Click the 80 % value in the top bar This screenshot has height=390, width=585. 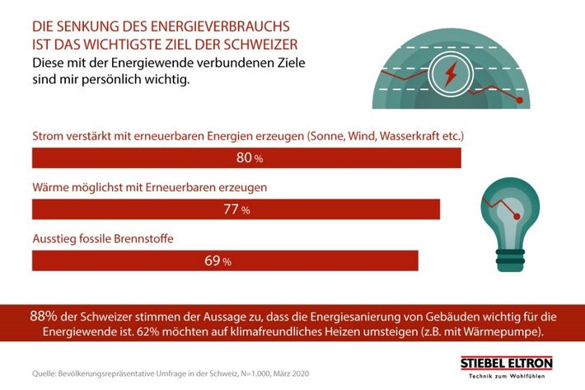(x=246, y=157)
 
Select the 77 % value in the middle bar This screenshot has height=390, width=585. (x=236, y=209)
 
